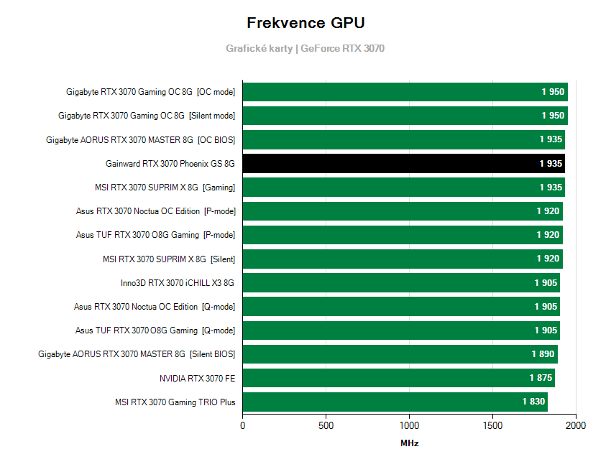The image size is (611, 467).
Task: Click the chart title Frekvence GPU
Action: click(305, 23)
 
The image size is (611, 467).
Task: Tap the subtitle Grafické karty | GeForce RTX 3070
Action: click(305, 49)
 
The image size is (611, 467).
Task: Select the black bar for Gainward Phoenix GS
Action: click(403, 163)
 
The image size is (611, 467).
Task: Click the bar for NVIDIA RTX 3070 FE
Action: click(398, 378)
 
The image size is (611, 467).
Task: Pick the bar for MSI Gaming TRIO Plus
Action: click(395, 402)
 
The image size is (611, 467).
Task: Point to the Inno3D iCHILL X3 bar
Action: click(400, 282)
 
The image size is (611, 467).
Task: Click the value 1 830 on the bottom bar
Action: click(533, 402)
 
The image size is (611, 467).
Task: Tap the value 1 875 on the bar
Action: click(541, 378)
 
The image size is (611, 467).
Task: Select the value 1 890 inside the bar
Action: click(543, 354)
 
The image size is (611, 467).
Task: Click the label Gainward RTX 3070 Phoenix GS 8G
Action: click(170, 164)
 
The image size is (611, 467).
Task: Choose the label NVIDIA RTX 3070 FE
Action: click(197, 378)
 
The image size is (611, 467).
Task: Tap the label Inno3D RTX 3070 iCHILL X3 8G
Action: click(178, 283)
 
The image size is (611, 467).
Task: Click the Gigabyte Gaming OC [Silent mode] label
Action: click(147, 116)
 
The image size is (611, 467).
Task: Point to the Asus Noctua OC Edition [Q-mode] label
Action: click(155, 307)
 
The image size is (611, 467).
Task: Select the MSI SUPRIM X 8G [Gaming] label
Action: click(160, 188)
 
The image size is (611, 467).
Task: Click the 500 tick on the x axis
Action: click(326, 425)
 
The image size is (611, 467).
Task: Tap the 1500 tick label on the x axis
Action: click(492, 425)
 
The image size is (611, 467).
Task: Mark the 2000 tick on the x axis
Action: click(575, 425)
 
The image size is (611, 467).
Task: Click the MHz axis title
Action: click(409, 443)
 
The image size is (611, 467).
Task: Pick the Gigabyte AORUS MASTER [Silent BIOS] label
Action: click(137, 354)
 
